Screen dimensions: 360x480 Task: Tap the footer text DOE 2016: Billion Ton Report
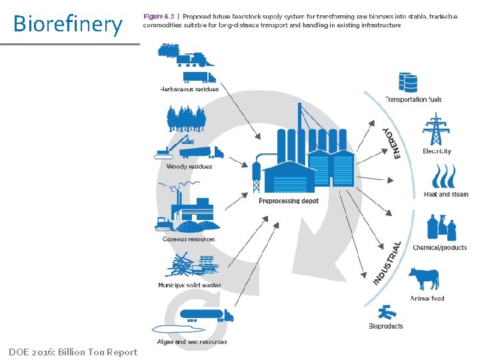point(73,352)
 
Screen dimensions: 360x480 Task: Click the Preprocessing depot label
point(289,201)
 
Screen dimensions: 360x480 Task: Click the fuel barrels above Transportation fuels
point(408,83)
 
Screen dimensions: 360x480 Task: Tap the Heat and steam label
point(446,195)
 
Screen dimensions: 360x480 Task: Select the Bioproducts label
point(386,326)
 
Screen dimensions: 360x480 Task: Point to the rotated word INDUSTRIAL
point(388,263)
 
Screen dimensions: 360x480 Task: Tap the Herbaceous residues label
point(189,89)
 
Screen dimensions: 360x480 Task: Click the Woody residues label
point(189,167)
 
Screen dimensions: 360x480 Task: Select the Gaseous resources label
point(189,239)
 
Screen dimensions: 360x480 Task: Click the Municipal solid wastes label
point(189,285)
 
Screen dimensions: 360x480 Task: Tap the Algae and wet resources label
point(193,342)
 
